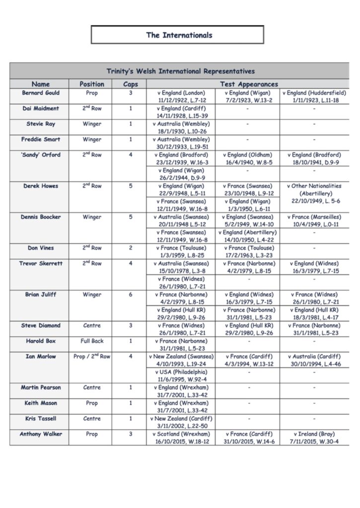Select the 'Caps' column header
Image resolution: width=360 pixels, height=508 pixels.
point(131,84)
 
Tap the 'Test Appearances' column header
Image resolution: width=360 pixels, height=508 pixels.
point(249,84)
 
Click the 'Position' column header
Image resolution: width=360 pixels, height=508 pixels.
point(92,84)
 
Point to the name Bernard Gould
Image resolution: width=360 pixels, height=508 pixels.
point(41,93)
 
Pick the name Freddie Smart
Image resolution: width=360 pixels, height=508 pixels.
point(41,140)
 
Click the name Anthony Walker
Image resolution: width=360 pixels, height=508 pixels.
point(41,435)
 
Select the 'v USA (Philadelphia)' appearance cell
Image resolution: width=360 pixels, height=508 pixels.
point(181,376)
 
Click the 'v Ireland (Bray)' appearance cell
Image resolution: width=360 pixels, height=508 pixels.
point(314,438)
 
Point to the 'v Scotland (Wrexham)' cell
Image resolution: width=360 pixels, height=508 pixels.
point(181,438)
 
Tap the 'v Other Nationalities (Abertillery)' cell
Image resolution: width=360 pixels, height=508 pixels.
point(314,193)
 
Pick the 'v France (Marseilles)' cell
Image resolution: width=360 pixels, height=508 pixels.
point(314,221)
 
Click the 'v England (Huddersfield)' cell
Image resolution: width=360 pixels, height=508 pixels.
point(314,97)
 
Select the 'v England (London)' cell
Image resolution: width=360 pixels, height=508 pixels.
point(181,97)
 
